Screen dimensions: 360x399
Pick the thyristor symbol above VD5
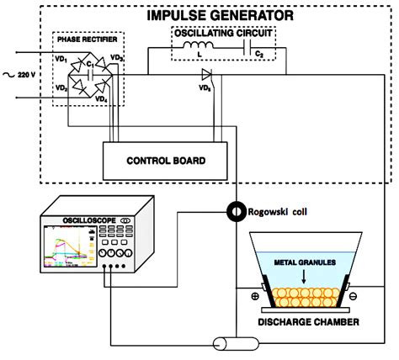click(x=205, y=74)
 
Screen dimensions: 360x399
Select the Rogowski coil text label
click(x=283, y=211)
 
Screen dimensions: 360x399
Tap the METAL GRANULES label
click(x=308, y=265)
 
